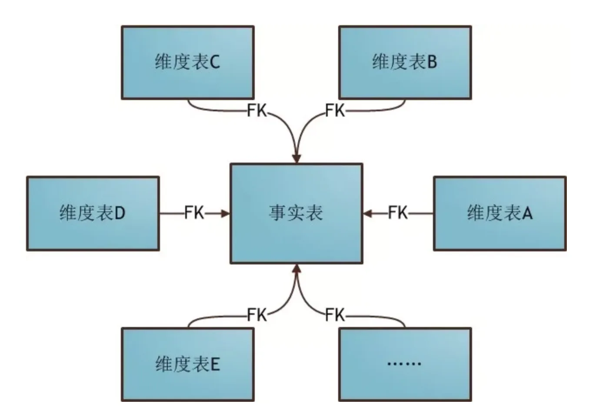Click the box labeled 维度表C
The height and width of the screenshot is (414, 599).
point(187,62)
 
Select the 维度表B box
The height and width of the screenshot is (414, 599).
point(405,62)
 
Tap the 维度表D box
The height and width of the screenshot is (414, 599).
point(93,213)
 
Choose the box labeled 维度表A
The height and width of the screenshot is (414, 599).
point(499,213)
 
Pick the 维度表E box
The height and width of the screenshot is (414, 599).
point(187,364)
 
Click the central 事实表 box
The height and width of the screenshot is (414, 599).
point(296,213)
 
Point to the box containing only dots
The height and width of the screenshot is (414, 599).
point(405,364)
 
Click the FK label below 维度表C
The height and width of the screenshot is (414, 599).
point(257,110)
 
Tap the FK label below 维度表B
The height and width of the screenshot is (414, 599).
point(335,110)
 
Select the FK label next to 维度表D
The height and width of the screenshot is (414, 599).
point(194,213)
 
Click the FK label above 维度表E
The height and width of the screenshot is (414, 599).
point(257,314)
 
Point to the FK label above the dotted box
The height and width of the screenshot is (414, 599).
point(335,314)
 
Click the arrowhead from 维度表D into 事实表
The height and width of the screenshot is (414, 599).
point(225,214)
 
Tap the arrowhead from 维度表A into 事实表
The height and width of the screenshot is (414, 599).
point(368,214)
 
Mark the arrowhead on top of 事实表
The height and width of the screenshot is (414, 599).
point(296,158)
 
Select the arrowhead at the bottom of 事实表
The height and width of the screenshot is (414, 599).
point(296,269)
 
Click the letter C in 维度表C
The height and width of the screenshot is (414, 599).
point(215,63)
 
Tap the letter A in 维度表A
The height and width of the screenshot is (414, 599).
point(527,214)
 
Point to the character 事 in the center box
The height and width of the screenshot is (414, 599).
point(277,213)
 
